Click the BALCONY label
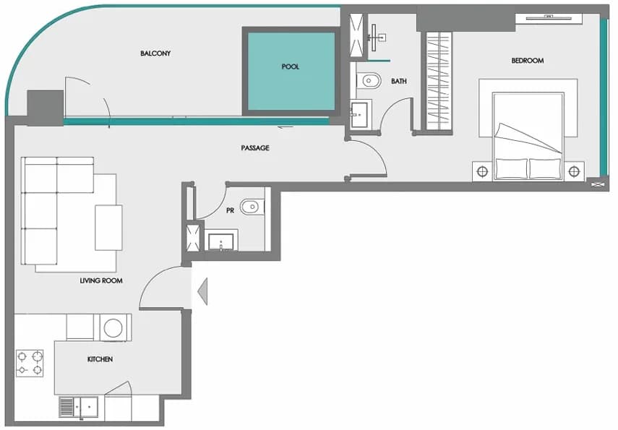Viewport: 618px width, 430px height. click(x=155, y=53)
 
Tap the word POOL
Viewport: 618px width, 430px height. click(x=290, y=66)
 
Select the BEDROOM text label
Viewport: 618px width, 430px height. click(x=528, y=60)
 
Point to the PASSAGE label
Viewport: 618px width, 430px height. click(x=255, y=148)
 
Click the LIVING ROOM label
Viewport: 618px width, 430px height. click(x=101, y=280)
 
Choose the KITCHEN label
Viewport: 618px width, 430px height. click(x=100, y=359)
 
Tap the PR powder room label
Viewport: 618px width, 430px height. click(x=230, y=211)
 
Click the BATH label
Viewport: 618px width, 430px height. click(x=398, y=81)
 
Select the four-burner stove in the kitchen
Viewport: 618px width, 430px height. click(x=30, y=364)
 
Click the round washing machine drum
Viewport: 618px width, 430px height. click(x=113, y=328)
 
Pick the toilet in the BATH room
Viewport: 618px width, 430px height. click(x=369, y=81)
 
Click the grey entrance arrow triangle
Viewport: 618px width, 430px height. click(x=202, y=291)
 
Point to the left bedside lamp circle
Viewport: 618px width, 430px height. click(x=482, y=171)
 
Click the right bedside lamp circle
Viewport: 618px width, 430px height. click(x=574, y=171)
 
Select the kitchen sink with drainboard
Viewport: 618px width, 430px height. click(x=79, y=407)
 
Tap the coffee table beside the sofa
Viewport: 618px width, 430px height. click(x=108, y=228)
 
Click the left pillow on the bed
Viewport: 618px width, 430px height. click(x=511, y=168)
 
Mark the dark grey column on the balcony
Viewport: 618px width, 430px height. click(x=46, y=108)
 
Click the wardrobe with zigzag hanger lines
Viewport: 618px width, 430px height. click(x=439, y=81)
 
